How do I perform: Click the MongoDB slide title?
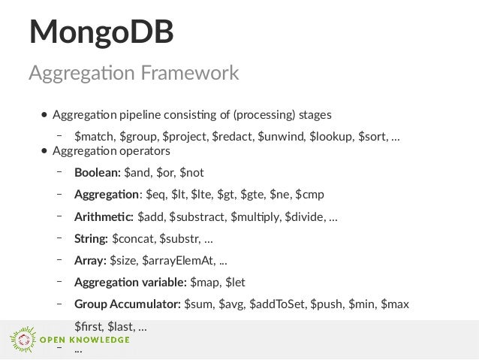tap(101, 32)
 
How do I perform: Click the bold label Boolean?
tap(97, 172)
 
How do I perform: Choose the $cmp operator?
tap(309, 195)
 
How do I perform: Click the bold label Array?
tap(90, 261)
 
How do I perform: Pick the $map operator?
tap(205, 283)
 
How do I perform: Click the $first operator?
tap(89, 327)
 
